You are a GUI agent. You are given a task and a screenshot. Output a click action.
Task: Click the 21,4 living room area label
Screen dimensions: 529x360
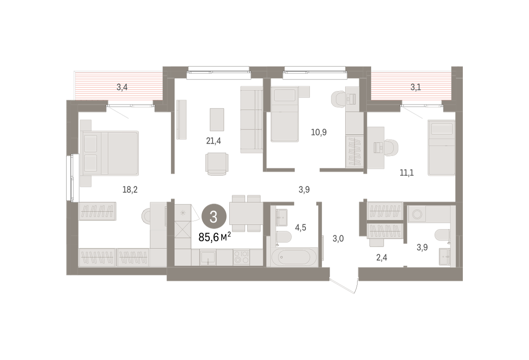[213, 141]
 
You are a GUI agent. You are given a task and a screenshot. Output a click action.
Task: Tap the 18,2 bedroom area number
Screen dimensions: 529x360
[130, 189]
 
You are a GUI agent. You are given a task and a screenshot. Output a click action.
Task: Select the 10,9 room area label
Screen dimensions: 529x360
[319, 132]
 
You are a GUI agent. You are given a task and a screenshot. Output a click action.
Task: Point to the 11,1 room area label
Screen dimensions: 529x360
[406, 173]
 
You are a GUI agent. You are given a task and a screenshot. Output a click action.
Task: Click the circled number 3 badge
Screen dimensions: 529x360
[214, 216]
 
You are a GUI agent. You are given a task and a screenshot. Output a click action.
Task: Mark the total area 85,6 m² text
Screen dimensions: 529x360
[215, 237]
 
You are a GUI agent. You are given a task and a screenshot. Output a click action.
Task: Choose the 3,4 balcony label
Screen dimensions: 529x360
[122, 87]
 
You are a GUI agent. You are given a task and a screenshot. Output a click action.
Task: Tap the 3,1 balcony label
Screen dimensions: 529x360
[415, 87]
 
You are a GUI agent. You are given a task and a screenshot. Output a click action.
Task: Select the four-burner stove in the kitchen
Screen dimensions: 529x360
[242, 257]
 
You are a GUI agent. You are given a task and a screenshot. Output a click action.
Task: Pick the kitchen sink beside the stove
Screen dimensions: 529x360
[208, 257]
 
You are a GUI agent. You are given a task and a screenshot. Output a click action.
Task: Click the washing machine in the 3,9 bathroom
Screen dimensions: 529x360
[417, 214]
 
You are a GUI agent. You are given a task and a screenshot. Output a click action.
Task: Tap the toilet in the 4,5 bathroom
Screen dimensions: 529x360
[283, 236]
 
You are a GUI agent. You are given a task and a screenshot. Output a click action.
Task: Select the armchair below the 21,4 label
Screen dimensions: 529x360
[217, 164]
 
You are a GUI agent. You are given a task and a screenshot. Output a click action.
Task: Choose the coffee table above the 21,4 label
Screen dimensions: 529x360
[217, 120]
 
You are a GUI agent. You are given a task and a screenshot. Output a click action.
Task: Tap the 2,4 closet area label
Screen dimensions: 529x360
[382, 257]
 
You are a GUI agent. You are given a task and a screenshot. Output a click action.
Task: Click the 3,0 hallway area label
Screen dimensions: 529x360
[338, 239]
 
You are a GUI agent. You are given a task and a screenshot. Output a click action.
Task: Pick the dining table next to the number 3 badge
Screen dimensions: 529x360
[246, 213]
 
